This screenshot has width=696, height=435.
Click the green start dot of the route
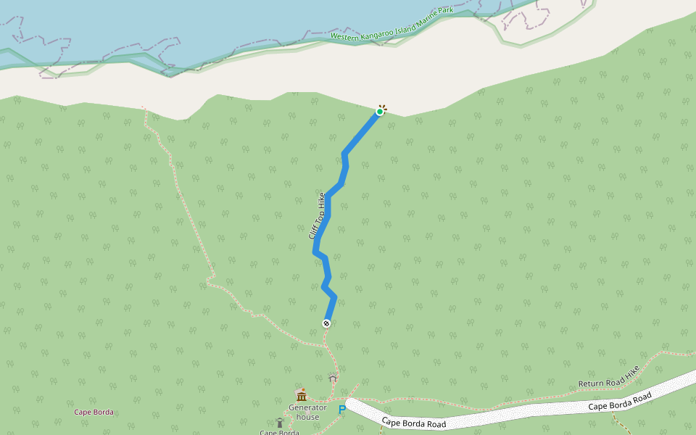point(380,111)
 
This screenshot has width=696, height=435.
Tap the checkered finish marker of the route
point(326,323)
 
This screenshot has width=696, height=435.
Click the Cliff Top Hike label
point(316,216)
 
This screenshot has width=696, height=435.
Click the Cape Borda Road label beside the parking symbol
point(413,422)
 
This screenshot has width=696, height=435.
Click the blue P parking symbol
point(342,410)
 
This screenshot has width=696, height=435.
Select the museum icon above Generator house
point(301,395)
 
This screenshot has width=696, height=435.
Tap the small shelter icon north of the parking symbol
point(333,378)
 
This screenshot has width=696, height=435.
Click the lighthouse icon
point(279,422)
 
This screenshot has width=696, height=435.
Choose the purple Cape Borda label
point(94,412)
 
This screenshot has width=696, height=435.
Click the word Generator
point(308,407)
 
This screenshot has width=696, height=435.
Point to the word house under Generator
point(308,417)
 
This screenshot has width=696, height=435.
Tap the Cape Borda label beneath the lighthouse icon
point(279,432)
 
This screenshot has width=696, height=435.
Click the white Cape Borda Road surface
point(507,413)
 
